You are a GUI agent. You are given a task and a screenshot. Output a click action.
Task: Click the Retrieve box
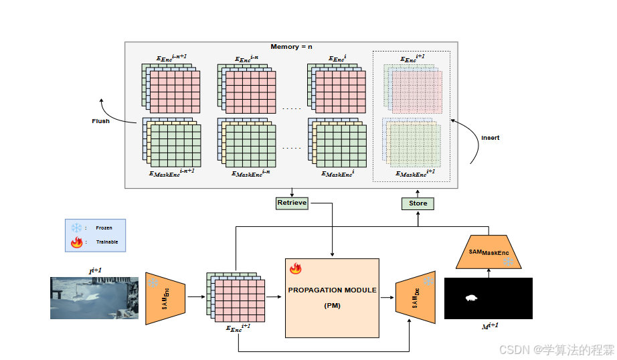pyautogui.click(x=291, y=203)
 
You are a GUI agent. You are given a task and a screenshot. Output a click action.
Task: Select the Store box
pyautogui.click(x=418, y=203)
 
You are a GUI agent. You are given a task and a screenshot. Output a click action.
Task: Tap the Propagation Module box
pyautogui.click(x=332, y=298)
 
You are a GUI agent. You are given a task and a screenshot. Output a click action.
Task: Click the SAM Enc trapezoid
pyautogui.click(x=165, y=298)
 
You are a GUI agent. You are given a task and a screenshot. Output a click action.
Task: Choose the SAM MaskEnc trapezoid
pyautogui.click(x=488, y=252)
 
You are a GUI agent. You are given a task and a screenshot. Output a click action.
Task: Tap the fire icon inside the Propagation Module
pyautogui.click(x=296, y=269)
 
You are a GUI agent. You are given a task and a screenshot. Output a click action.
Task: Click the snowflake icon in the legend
pyautogui.click(x=76, y=228)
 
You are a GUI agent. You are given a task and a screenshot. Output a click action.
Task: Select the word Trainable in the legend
pyautogui.click(x=107, y=242)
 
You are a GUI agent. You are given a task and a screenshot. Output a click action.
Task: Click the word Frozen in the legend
pyautogui.click(x=104, y=228)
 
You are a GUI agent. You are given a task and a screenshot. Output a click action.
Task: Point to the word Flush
pyautogui.click(x=100, y=121)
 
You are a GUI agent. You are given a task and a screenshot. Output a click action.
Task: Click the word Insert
pyautogui.click(x=491, y=138)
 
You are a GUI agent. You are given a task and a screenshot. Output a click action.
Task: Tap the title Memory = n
pyautogui.click(x=291, y=47)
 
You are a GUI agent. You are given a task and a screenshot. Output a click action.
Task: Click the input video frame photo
pyautogui.click(x=94, y=298)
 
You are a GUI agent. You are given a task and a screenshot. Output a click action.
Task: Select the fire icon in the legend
pyautogui.click(x=76, y=242)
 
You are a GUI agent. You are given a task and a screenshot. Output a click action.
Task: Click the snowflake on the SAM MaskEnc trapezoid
pyautogui.click(x=509, y=261)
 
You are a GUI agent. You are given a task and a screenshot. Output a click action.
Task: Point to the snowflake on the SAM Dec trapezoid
pyautogui.click(x=427, y=282)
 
